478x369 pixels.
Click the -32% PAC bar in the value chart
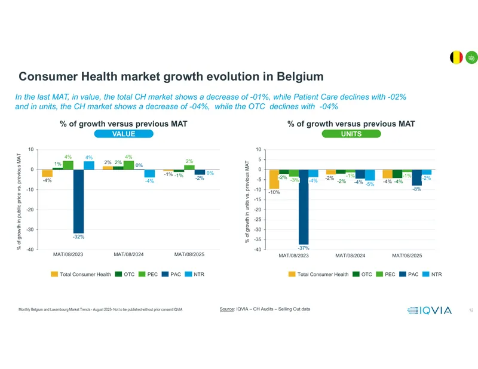(78, 201)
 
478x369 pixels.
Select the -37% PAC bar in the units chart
(304, 207)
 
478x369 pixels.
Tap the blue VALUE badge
(124, 134)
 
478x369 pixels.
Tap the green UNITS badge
(351, 134)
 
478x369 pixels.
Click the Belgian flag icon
(456, 57)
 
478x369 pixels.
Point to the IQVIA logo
(429, 310)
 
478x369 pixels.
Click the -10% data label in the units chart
(274, 192)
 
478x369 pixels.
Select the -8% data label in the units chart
(416, 189)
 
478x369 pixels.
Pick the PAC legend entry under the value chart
(171, 274)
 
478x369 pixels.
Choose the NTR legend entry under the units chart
(432, 274)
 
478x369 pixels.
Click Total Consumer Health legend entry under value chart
(81, 274)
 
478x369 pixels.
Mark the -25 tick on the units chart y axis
(258, 220)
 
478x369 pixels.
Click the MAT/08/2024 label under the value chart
(128, 254)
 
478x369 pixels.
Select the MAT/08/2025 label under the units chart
(407, 256)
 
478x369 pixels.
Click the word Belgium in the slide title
(300, 76)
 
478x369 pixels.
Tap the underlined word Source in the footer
(226, 309)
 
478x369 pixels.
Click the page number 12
(471, 310)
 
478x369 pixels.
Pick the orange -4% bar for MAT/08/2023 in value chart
(47, 173)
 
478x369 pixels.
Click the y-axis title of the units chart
(247, 202)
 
